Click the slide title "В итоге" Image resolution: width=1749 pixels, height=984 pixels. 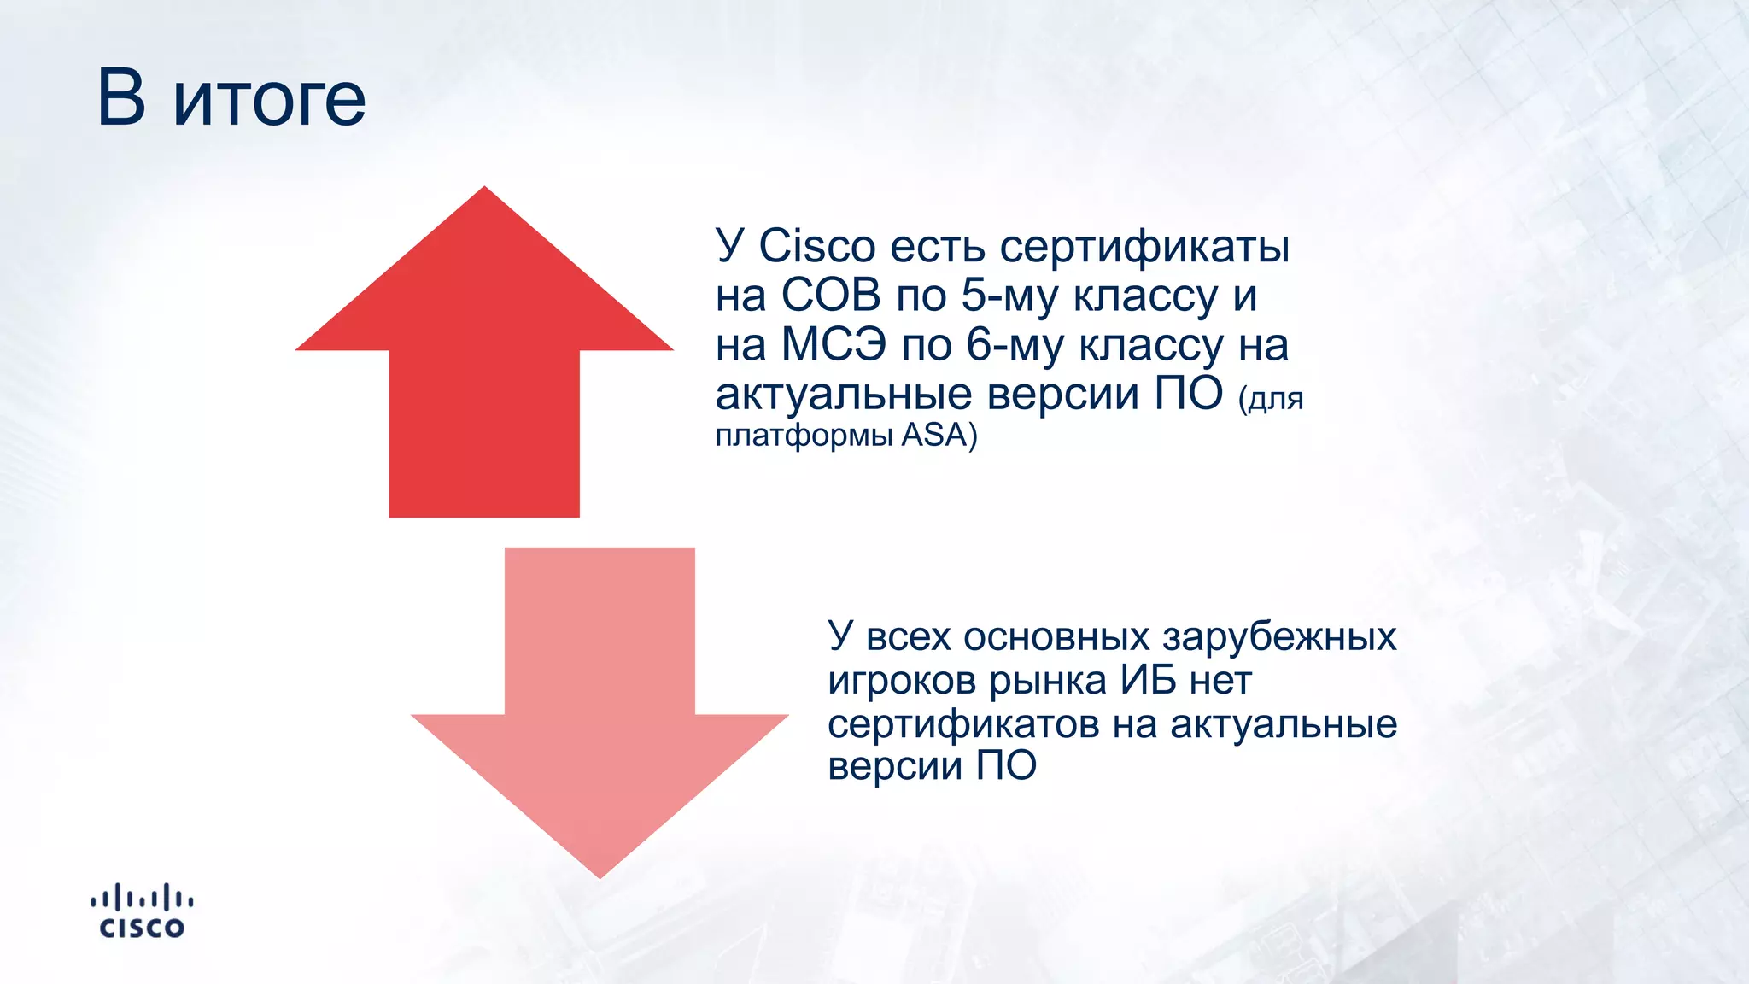[231, 98]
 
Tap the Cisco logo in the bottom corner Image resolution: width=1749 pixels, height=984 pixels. [142, 912]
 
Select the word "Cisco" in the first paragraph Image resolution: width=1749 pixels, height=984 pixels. [817, 246]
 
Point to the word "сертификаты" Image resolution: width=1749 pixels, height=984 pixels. [1144, 248]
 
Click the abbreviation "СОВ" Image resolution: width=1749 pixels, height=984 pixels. [830, 296]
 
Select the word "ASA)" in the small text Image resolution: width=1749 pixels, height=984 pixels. [939, 435]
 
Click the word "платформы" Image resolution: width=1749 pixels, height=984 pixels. [804, 436]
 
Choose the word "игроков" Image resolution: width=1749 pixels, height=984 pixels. [902, 682]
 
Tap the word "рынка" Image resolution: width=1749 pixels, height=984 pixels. [1048, 682]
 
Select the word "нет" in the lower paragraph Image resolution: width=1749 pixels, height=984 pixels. [1220, 682]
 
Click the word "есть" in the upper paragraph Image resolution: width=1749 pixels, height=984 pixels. [938, 247]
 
